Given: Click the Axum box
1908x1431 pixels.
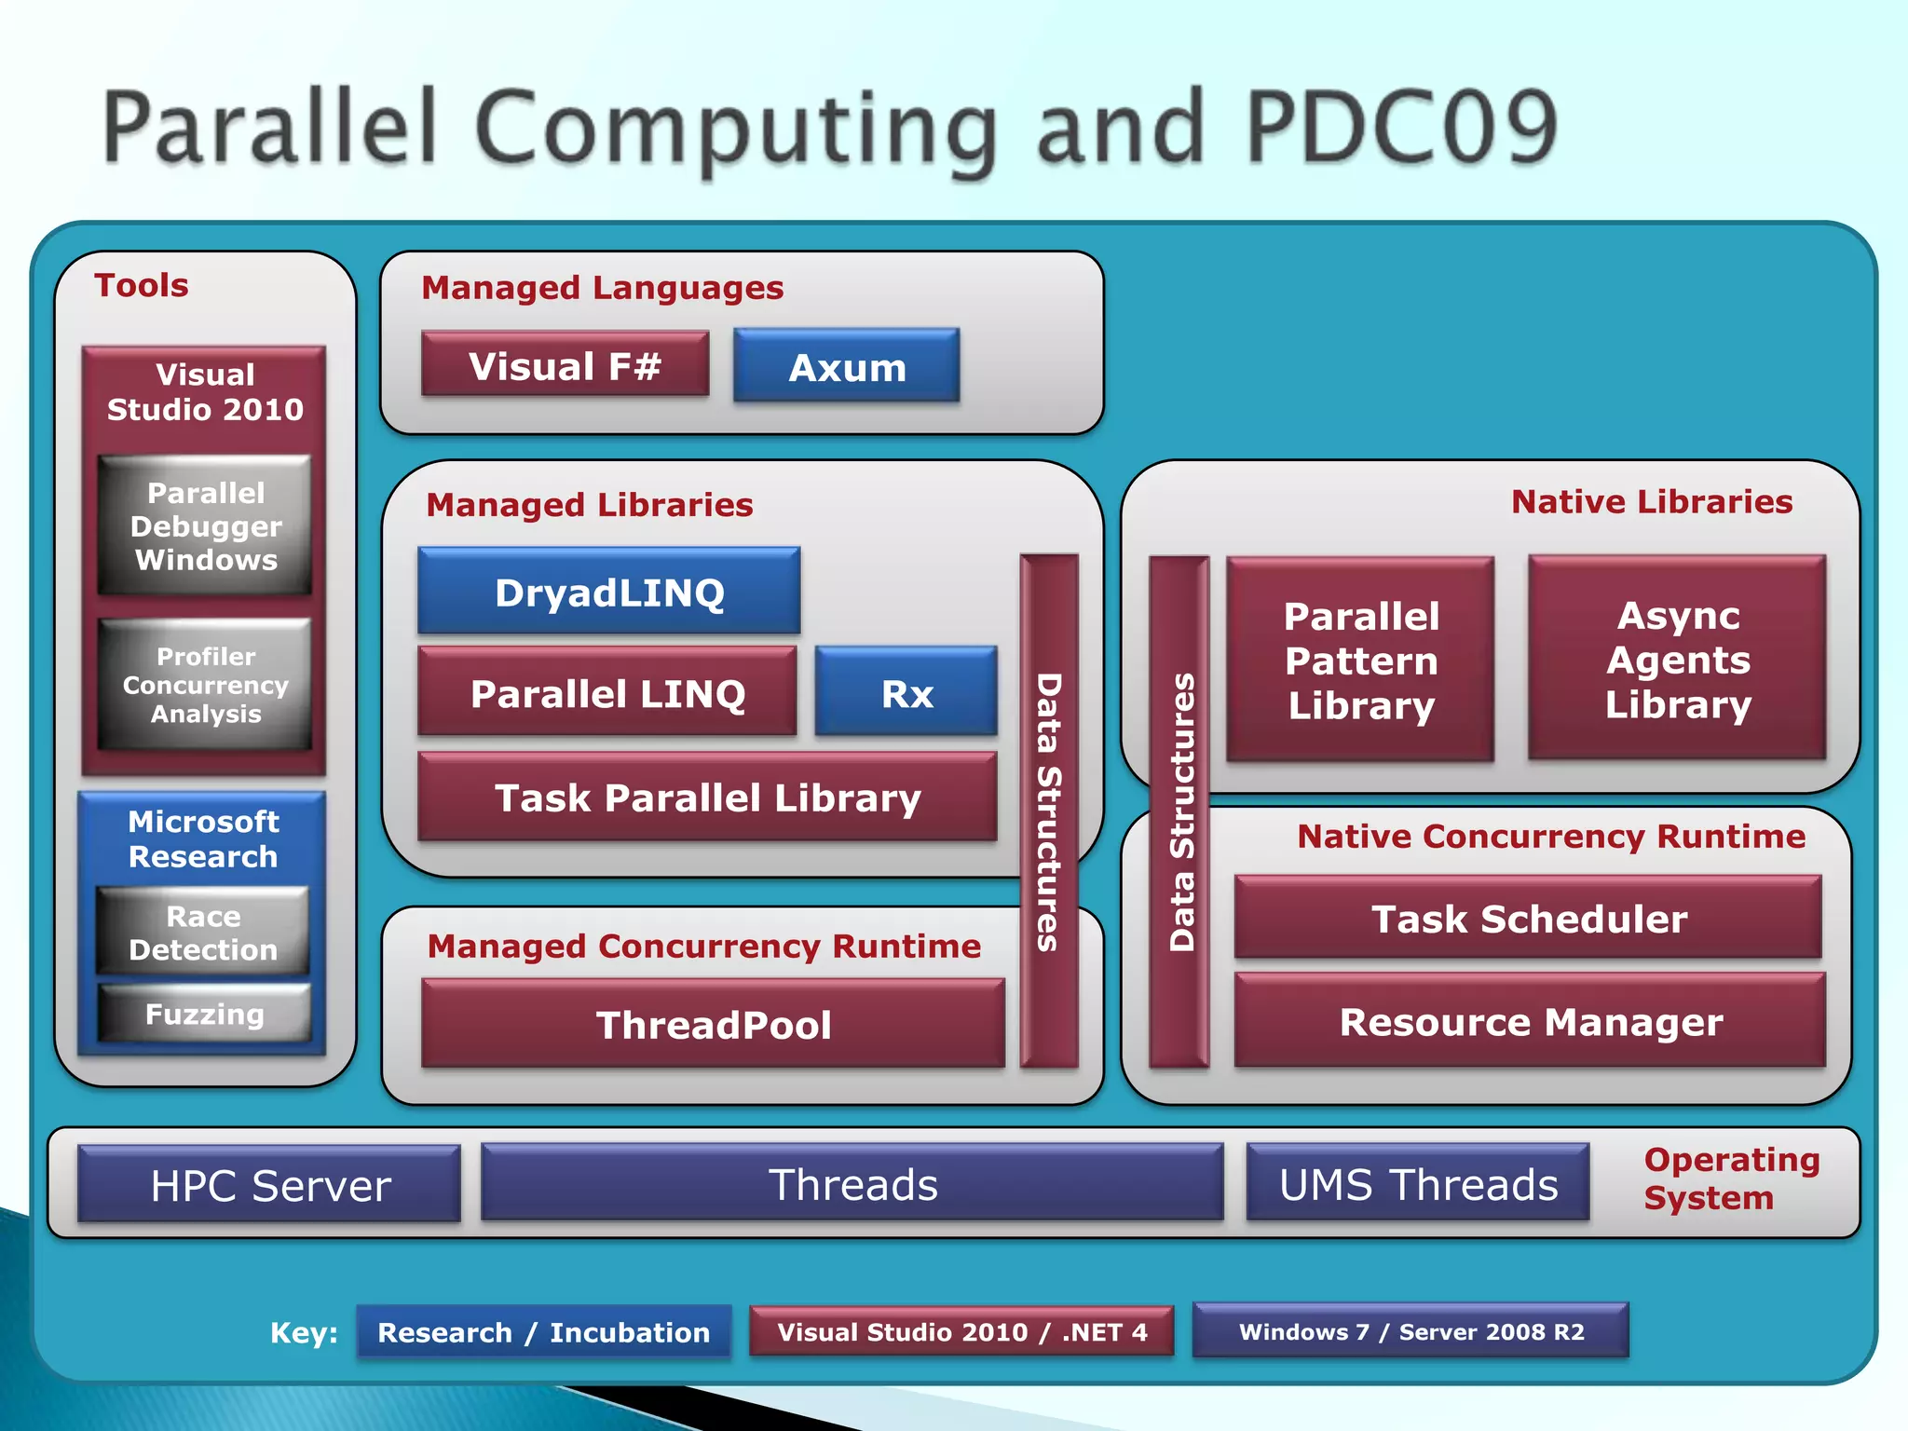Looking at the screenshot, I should (846, 366).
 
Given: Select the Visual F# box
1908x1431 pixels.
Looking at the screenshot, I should (565, 365).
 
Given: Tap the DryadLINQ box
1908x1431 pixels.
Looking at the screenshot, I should (609, 592).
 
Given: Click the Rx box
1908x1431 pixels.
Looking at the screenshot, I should (906, 692).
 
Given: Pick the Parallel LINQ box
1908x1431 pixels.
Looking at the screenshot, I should (607, 692).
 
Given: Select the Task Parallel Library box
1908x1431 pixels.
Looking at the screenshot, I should (707, 797).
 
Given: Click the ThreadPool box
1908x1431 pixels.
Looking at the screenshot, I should (713, 1024).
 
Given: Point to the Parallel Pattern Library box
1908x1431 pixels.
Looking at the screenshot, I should (1360, 660).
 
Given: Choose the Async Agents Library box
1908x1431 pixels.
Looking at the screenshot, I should (1677, 659).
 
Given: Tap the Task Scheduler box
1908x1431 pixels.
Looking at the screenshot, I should (1528, 918).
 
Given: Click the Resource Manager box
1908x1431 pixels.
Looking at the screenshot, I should (1530, 1021).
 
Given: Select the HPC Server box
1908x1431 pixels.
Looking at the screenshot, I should (269, 1184).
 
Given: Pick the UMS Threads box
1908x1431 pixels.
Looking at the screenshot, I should (1418, 1183).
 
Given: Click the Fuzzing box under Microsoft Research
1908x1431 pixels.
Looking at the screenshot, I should (204, 1013).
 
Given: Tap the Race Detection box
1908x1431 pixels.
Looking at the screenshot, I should (203, 932).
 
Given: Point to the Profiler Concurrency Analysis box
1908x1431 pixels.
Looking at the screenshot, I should (205, 685).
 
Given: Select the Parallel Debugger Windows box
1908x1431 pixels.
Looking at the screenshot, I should (205, 525).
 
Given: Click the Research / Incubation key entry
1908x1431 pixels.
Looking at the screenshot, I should (543, 1331).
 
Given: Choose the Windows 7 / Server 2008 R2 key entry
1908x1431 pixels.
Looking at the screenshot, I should (1411, 1330).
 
